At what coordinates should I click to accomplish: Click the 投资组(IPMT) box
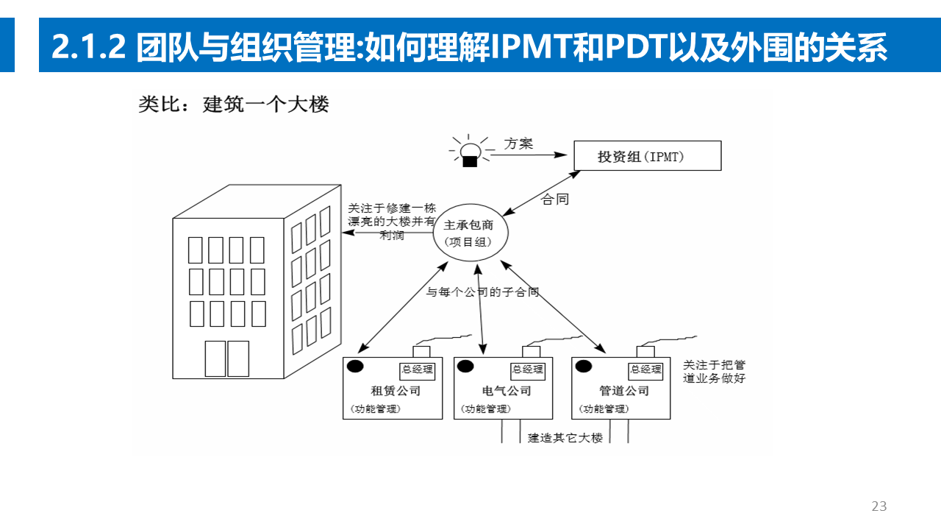point(647,156)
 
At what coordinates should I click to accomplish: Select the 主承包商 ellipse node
point(468,233)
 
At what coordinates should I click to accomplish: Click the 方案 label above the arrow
point(518,144)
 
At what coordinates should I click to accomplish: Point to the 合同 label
point(555,199)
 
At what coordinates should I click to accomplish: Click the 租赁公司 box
point(393,389)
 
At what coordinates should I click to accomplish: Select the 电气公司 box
point(503,389)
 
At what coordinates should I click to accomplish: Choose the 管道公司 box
point(621,389)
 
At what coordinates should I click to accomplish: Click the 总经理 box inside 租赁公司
point(417,370)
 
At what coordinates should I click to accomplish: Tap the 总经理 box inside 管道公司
point(646,370)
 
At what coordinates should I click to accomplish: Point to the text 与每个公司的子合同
point(483,292)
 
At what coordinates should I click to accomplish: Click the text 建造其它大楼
point(565,437)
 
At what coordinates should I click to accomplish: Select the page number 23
point(879,506)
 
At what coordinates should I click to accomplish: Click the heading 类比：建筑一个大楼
point(233,105)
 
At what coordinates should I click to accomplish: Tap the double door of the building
point(226,358)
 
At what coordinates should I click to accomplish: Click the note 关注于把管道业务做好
point(714,372)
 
